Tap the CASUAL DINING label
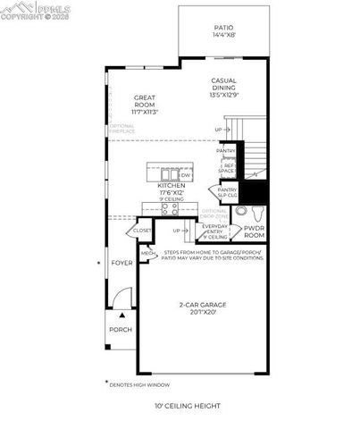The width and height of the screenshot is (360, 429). (x=223, y=87)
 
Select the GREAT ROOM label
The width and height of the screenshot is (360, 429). (x=146, y=104)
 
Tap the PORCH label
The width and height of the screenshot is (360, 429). (x=121, y=329)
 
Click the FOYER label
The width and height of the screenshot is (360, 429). (x=121, y=263)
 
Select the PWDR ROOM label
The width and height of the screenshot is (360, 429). (x=255, y=231)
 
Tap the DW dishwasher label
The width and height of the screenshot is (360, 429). (x=186, y=174)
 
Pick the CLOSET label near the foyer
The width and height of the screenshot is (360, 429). (x=143, y=230)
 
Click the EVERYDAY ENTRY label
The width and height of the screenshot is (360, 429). (x=215, y=232)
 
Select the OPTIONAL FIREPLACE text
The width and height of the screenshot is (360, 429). (x=122, y=129)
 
